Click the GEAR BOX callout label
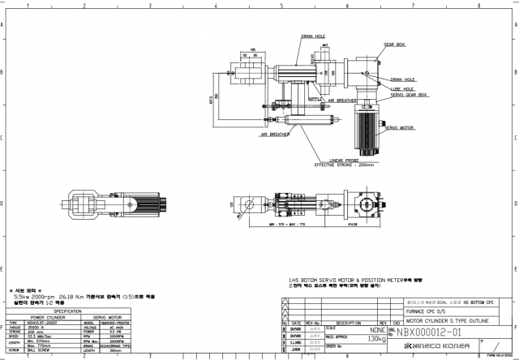pyautogui.click(x=394, y=45)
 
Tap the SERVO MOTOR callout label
pyautogui.click(x=399, y=128)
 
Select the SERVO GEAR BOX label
pyautogui.click(x=410, y=95)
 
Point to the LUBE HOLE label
pyautogui.click(x=401, y=88)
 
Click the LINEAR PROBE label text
pyautogui.click(x=345, y=161)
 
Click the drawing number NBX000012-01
pyautogui.click(x=429, y=332)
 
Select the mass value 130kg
pyautogui.click(x=376, y=338)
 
